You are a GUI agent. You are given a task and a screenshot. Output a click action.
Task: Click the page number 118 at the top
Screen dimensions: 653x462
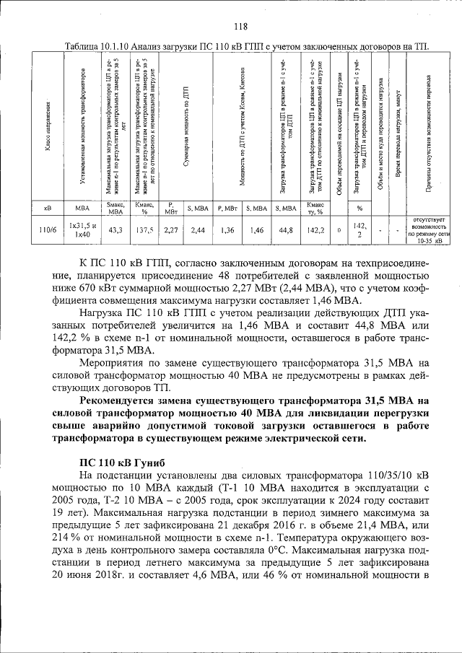tap(240, 27)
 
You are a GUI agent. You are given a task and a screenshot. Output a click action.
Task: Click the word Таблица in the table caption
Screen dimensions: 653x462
tap(84, 47)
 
